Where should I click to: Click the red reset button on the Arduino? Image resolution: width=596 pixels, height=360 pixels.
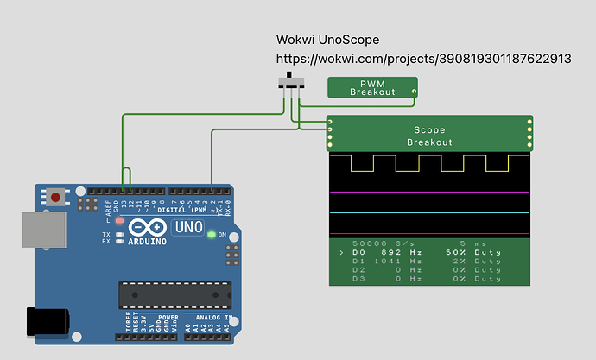pyautogui.click(x=56, y=198)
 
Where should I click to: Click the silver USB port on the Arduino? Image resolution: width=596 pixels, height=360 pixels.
pyautogui.click(x=41, y=237)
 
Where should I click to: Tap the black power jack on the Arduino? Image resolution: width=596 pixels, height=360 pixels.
pyautogui.click(x=48, y=320)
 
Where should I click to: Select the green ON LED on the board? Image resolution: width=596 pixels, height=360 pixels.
pyautogui.click(x=211, y=234)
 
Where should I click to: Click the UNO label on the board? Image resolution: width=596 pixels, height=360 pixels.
pyautogui.click(x=188, y=229)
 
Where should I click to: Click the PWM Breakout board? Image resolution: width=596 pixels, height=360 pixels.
pyautogui.click(x=372, y=87)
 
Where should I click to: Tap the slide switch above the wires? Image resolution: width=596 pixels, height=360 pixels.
pyautogui.click(x=293, y=83)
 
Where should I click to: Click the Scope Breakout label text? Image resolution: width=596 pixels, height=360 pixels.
pyautogui.click(x=429, y=136)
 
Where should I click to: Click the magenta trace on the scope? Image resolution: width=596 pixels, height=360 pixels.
pyautogui.click(x=429, y=192)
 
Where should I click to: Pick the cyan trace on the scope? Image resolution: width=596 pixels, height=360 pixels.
pyautogui.click(x=429, y=212)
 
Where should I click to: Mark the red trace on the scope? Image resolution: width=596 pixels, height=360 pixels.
pyautogui.click(x=429, y=234)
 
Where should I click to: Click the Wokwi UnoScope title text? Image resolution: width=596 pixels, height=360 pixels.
pyautogui.click(x=327, y=40)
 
